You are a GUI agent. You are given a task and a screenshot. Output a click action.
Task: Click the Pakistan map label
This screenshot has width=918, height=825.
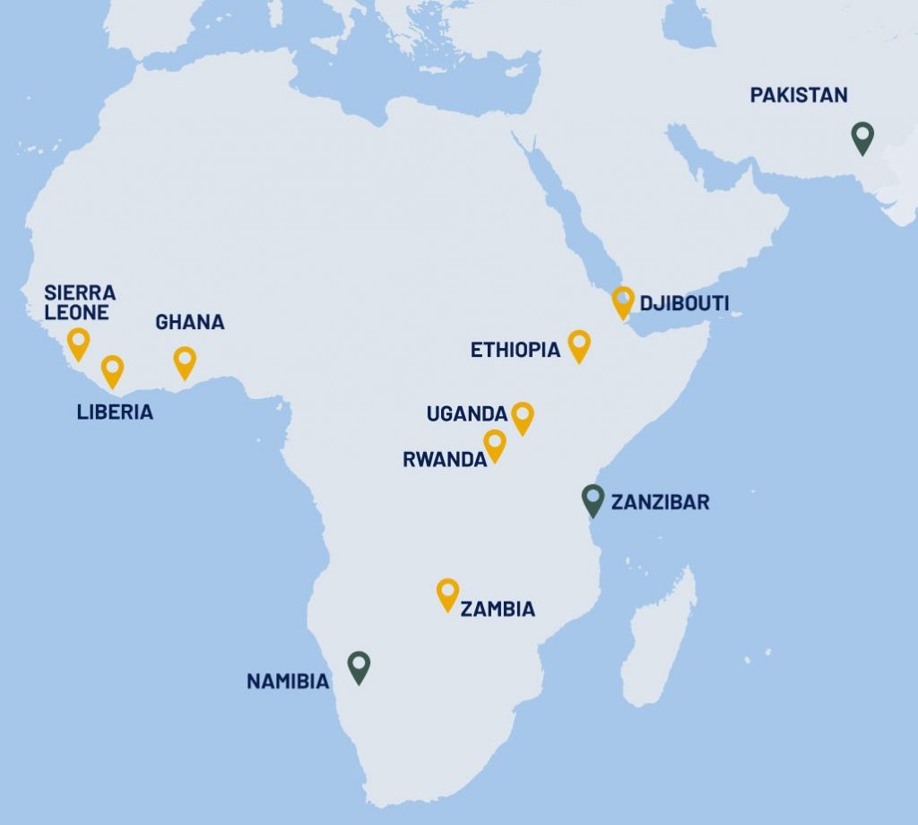coord(798,95)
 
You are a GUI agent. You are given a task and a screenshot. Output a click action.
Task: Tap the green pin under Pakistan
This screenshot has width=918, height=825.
coord(862,137)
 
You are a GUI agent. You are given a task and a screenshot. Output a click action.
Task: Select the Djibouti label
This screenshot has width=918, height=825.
coord(684,304)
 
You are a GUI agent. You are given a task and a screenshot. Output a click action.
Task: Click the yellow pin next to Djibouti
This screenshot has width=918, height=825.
coord(623,301)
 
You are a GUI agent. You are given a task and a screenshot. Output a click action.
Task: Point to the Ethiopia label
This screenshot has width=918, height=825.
coord(515,350)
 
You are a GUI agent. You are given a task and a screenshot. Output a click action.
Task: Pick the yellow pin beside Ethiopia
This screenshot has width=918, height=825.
coord(579,345)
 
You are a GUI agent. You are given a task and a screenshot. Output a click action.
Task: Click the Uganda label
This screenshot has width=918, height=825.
coord(467,414)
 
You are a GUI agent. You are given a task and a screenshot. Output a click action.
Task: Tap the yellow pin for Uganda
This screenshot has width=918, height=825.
coord(522,416)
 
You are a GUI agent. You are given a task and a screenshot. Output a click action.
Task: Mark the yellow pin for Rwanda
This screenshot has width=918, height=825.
coord(495,445)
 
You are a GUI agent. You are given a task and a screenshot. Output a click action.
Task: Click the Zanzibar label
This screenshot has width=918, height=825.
coord(660,502)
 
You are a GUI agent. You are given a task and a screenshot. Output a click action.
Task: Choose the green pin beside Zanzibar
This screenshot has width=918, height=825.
coord(593,499)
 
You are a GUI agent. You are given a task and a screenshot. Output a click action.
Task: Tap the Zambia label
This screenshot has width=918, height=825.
coord(498,610)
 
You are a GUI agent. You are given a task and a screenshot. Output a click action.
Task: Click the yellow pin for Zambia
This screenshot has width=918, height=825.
coord(447,594)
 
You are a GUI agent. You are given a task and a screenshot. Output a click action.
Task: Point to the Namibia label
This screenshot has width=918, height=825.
coord(288,682)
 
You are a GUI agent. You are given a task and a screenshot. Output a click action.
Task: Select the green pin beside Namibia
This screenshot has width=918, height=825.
coord(359,666)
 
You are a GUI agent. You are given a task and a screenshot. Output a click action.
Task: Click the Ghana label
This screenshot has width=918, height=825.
coord(190,322)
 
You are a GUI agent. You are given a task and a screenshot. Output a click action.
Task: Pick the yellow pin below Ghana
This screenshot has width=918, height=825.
coord(185,361)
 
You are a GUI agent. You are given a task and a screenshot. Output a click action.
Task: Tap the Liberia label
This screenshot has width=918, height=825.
coord(114,412)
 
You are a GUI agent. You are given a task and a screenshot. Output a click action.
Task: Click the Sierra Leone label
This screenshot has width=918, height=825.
coord(80,302)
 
